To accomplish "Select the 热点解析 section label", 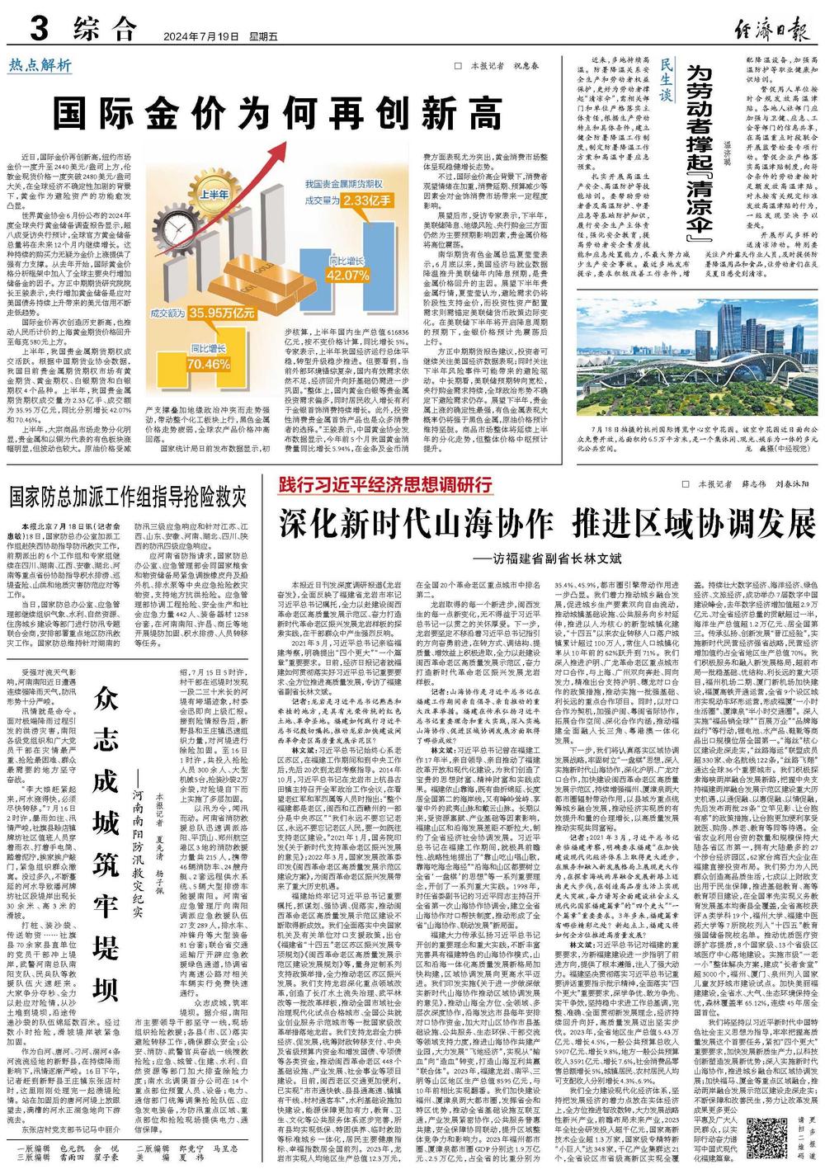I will (41, 65).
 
